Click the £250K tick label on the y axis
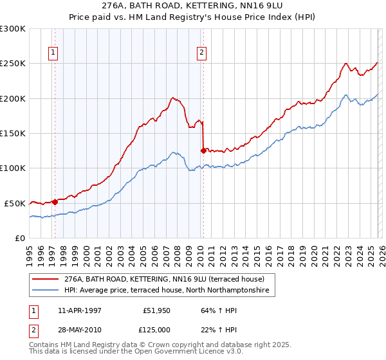[x=13, y=64]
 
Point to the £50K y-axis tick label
[x=15, y=203]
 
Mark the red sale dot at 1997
[x=55, y=202]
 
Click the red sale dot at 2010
[x=204, y=151]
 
